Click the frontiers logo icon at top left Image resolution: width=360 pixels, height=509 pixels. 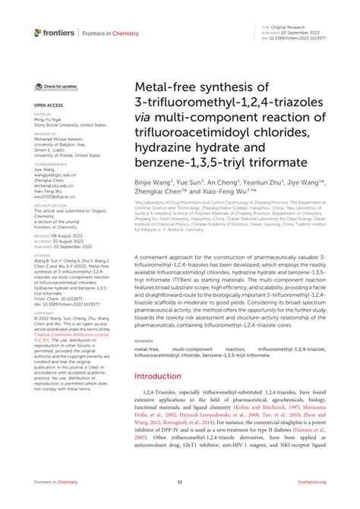pyautogui.click(x=37, y=33)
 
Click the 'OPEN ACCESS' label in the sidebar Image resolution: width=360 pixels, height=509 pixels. pyautogui.click(x=48, y=106)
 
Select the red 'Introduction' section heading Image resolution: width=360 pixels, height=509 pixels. pyautogui.click(x=159, y=397)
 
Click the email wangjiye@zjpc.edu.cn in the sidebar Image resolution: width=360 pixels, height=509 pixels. pyautogui.click(x=55, y=174)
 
